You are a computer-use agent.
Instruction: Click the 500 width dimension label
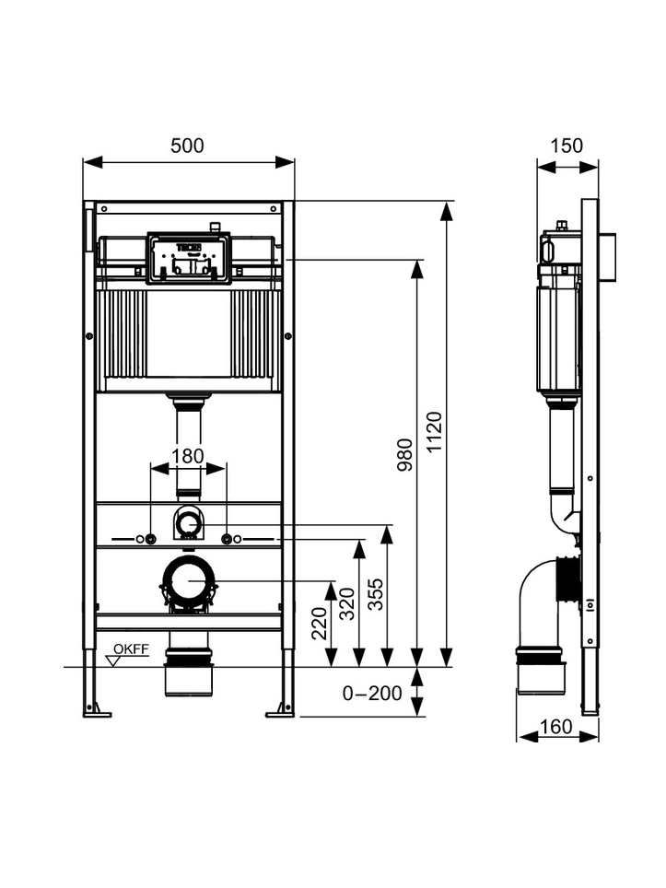coord(187,146)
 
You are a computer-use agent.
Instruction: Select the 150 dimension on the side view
coord(567,146)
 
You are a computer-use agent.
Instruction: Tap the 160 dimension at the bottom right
coord(556,726)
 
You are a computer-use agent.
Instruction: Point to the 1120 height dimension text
coord(434,432)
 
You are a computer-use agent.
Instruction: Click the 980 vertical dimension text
coord(405,455)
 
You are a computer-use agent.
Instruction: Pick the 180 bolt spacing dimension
coord(187,456)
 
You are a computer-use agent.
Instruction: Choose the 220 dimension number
coord(320,623)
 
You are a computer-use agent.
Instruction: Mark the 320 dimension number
coord(346,603)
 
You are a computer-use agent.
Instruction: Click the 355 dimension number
coord(375,594)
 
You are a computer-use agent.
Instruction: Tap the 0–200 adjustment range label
coord(372,694)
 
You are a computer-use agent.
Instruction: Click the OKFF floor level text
coord(132,649)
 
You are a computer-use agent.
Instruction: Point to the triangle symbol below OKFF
coord(114,660)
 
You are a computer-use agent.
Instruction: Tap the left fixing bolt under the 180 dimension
coord(150,539)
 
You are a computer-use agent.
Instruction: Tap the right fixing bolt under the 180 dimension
coord(227,539)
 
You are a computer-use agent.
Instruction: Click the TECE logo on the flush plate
coord(189,248)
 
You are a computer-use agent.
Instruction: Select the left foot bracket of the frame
coord(97,711)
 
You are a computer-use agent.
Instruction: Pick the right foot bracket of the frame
coord(281,711)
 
